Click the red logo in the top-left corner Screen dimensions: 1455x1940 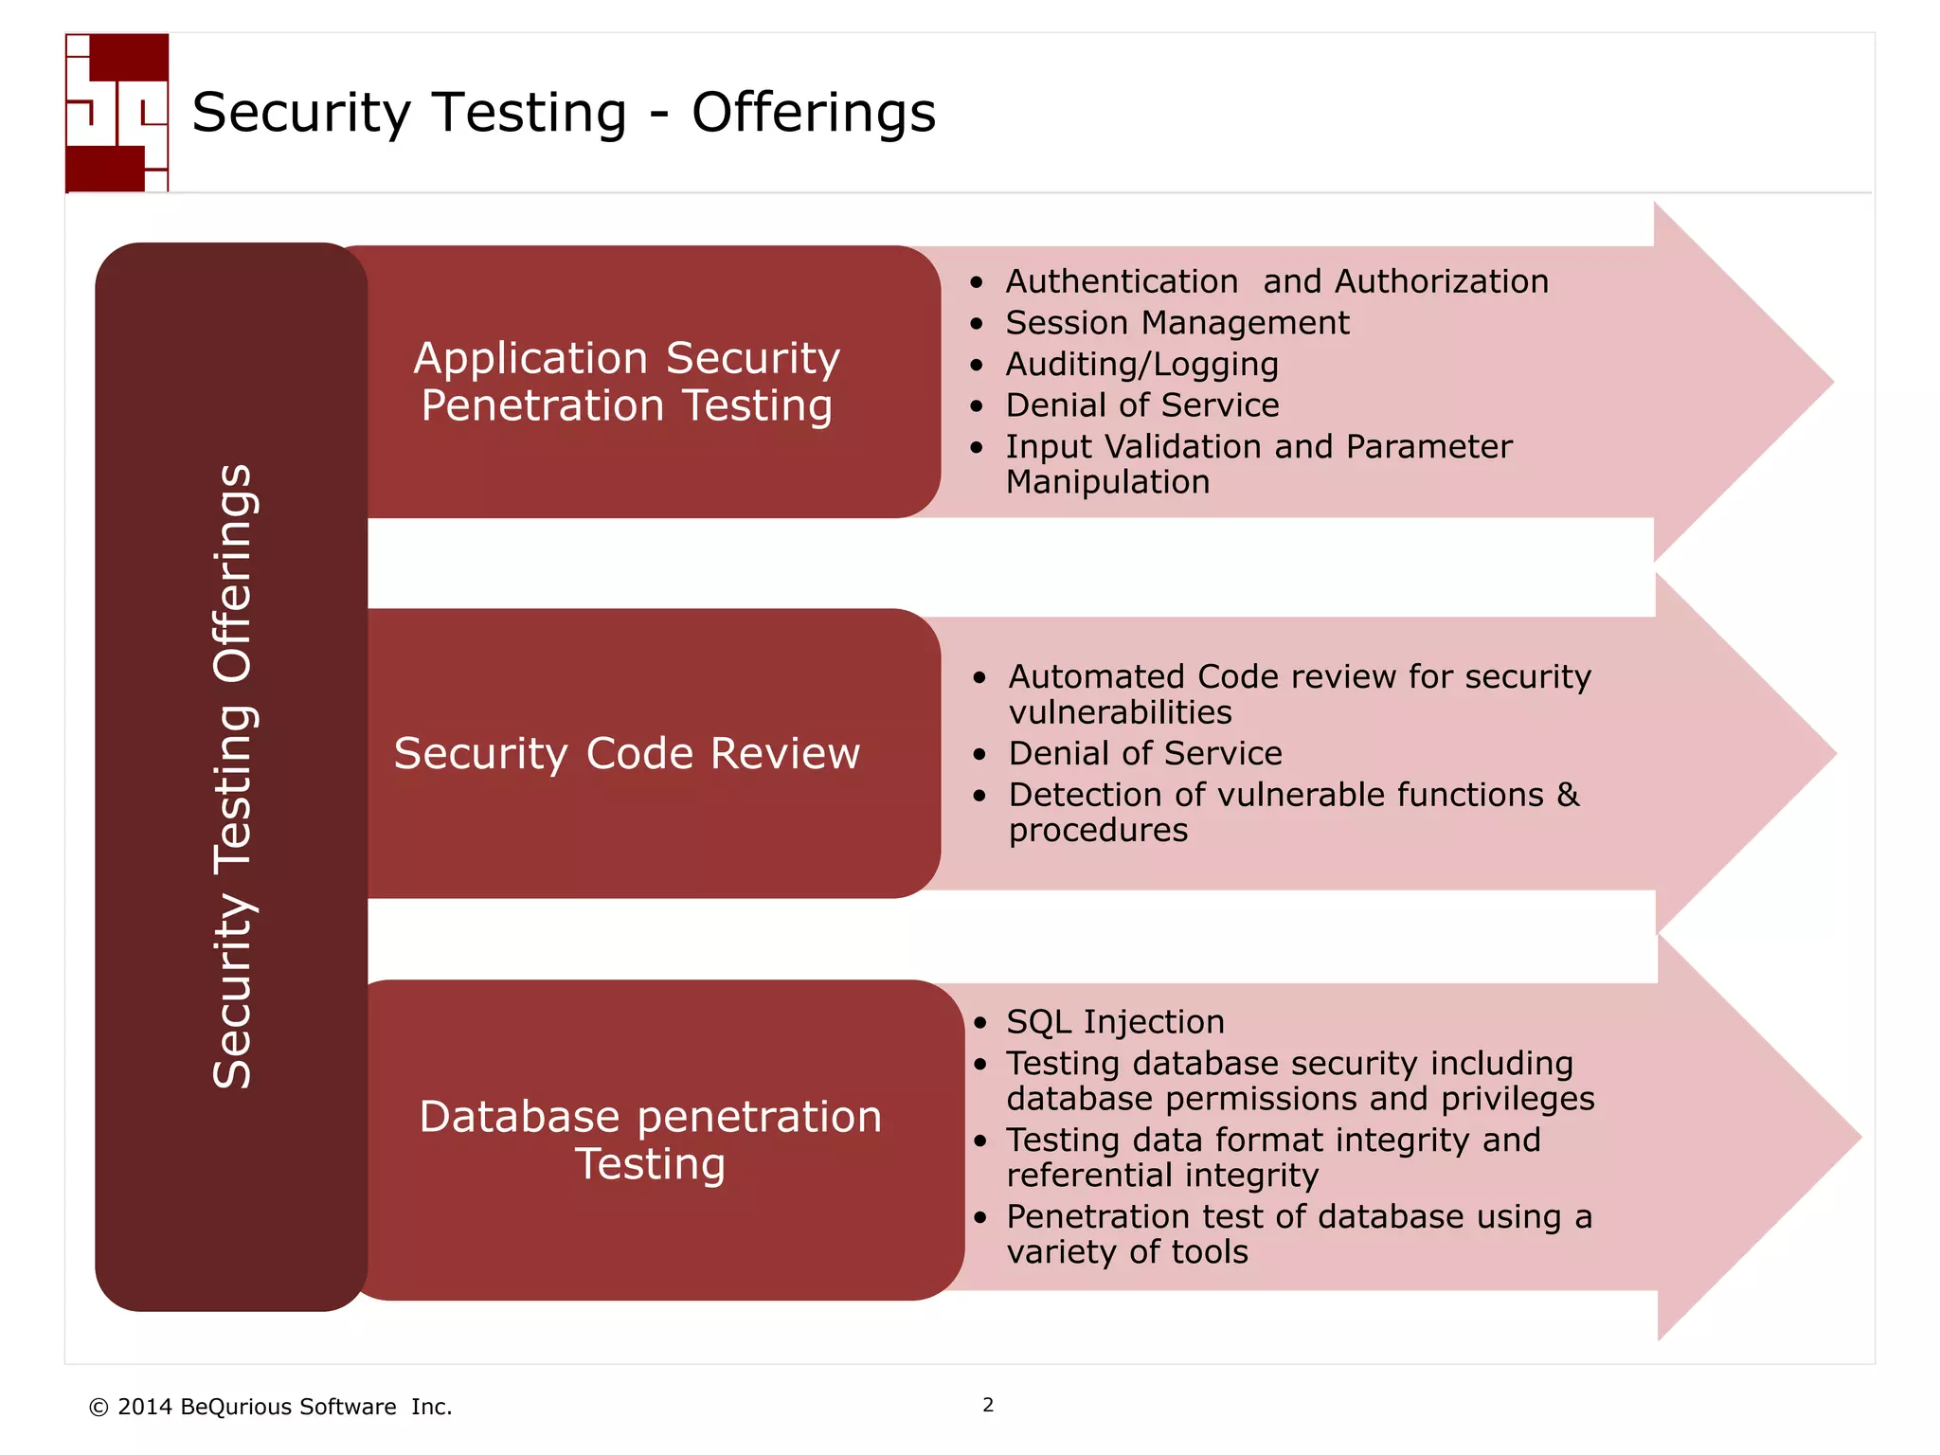pyautogui.click(x=117, y=113)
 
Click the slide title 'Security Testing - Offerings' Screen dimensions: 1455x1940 pyautogui.click(x=564, y=113)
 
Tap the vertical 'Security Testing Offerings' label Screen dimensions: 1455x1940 pyautogui.click(x=232, y=777)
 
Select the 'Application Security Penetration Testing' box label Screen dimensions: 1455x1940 pyautogui.click(x=626, y=382)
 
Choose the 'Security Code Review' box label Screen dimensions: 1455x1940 pyautogui.click(x=626, y=754)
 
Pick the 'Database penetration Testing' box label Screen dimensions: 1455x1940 pyautogui.click(x=651, y=1140)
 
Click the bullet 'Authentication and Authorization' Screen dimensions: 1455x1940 pyautogui.click(x=1276, y=281)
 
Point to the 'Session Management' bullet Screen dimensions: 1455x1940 pyautogui.click(x=1177, y=323)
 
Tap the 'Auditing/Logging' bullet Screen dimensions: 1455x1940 pyautogui.click(x=1141, y=365)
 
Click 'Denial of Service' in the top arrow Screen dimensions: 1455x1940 pyautogui.click(x=1141, y=405)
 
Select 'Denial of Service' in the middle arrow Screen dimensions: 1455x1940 pyautogui.click(x=1144, y=753)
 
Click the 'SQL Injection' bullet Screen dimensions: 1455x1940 pyautogui.click(x=1115, y=1022)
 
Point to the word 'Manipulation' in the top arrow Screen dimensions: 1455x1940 pyautogui.click(x=1107, y=482)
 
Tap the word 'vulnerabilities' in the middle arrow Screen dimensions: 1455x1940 pyautogui.click(x=1120, y=712)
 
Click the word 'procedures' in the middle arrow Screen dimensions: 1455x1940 pyautogui.click(x=1098, y=831)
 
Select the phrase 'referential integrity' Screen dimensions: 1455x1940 pyautogui.click(x=1162, y=1176)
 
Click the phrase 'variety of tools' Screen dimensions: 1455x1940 pyautogui.click(x=1127, y=1252)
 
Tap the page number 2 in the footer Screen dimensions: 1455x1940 pyautogui.click(x=988, y=1405)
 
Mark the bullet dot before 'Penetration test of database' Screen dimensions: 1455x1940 pyautogui.click(x=980, y=1218)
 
